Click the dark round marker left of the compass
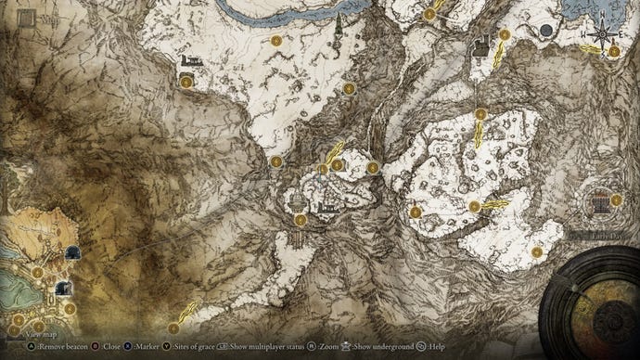click(x=546, y=31)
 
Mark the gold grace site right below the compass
click(x=615, y=53)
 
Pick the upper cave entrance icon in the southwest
click(x=71, y=252)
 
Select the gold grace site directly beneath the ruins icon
click(x=186, y=82)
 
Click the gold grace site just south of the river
click(x=276, y=40)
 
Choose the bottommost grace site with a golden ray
click(x=174, y=327)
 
